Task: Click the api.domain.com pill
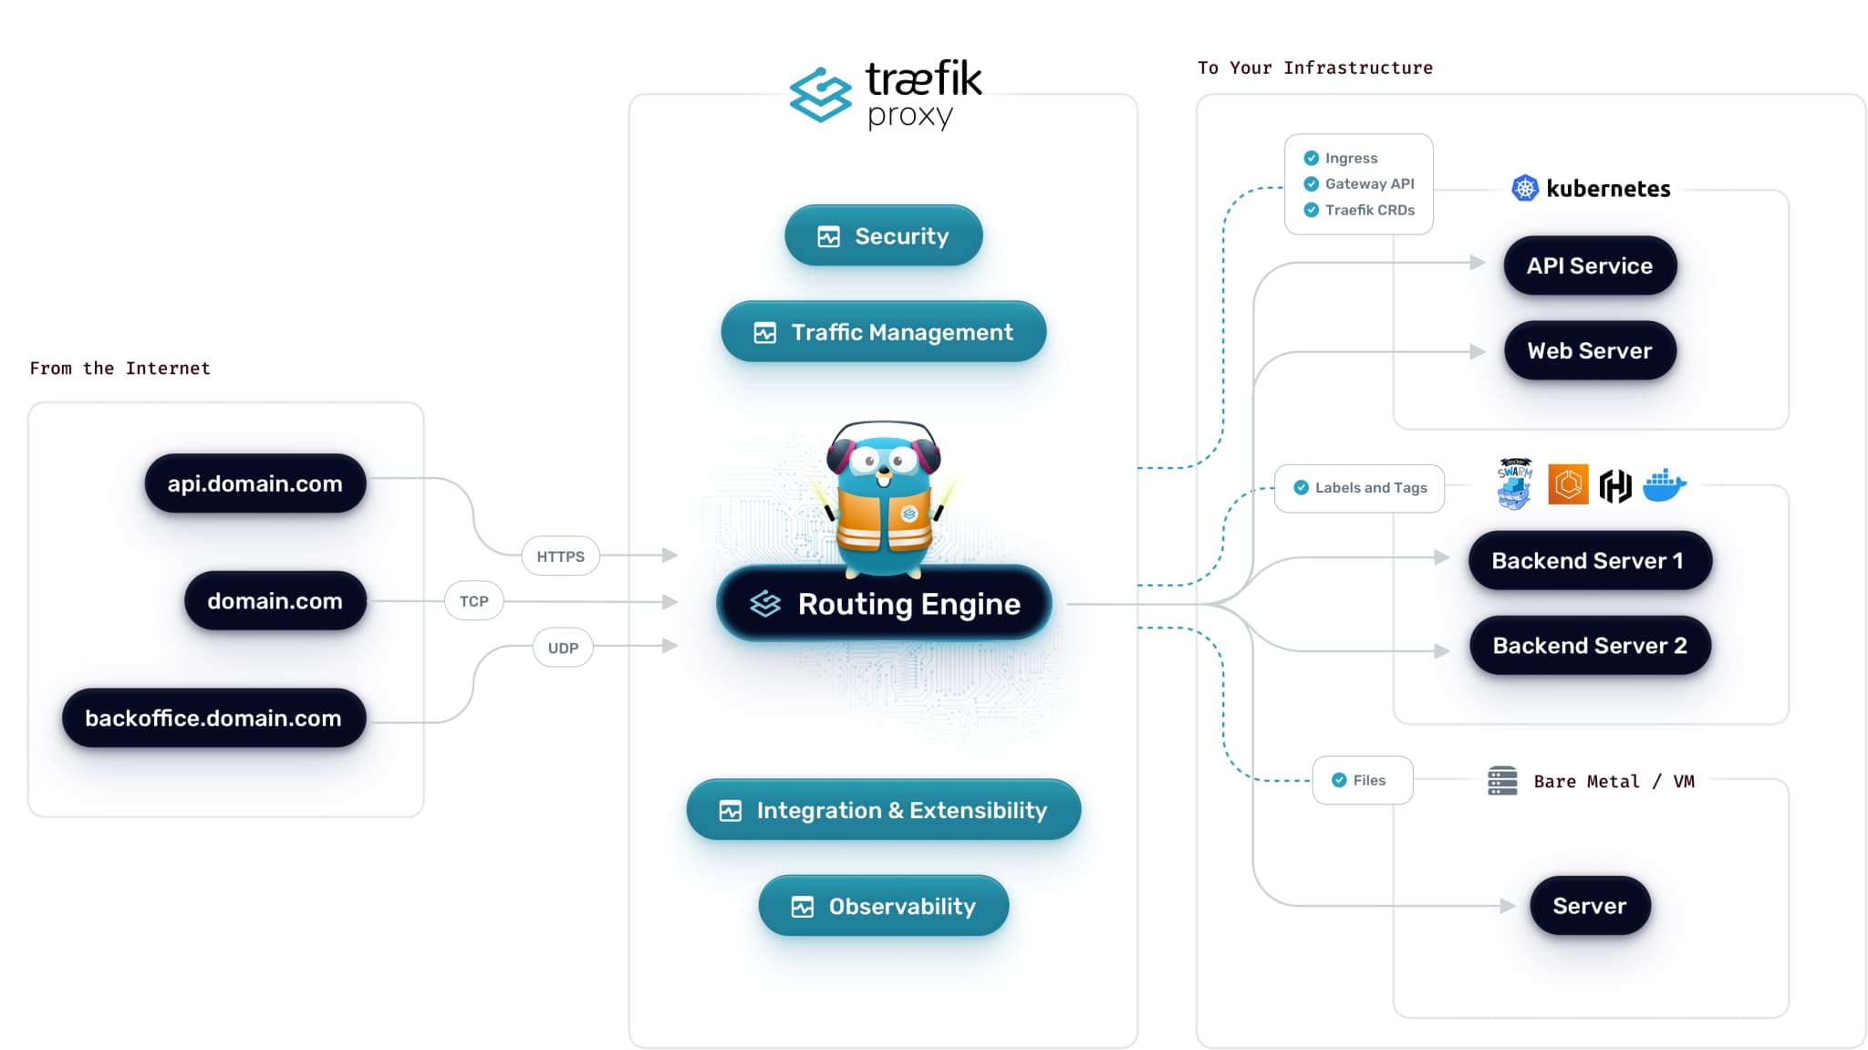[x=254, y=483]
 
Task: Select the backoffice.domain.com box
[x=213, y=718]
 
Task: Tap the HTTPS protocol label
[x=560, y=556]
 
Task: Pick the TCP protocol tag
[x=473, y=601]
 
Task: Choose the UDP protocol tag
[x=563, y=648]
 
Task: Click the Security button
[x=883, y=236]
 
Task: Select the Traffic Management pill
[x=883, y=332]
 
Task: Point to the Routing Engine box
[x=884, y=604]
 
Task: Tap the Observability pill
[x=883, y=906]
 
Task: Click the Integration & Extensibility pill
[x=883, y=810]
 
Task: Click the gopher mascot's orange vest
[x=883, y=520]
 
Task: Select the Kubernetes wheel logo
[x=1525, y=188]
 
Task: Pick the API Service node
[x=1590, y=265]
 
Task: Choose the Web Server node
[x=1590, y=350]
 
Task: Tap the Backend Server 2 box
[x=1590, y=645]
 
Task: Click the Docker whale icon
[x=1665, y=485]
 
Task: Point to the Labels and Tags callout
[x=1359, y=488]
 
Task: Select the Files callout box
[x=1362, y=780]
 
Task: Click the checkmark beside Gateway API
[x=1312, y=183]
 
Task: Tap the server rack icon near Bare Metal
[x=1502, y=781]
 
